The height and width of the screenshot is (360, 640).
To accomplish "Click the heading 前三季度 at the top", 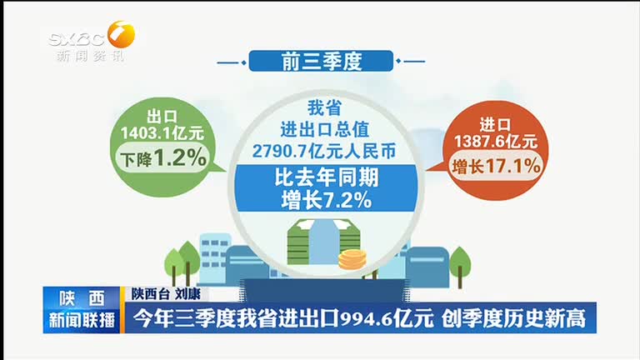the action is (x=321, y=62).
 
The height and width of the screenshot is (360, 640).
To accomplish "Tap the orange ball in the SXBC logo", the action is (x=121, y=34).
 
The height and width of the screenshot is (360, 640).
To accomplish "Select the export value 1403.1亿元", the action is (x=162, y=133).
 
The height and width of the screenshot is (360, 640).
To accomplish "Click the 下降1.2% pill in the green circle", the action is (x=162, y=157).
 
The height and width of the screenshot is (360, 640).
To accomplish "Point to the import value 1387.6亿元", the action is (x=496, y=142).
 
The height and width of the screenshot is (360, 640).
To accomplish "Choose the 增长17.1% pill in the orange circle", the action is (x=496, y=166).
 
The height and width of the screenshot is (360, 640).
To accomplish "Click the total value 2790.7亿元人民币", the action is (x=324, y=151).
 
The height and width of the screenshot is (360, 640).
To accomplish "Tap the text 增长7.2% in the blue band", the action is (x=327, y=200).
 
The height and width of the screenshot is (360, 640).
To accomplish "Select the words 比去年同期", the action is (x=327, y=178).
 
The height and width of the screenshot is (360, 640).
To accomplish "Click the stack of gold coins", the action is (x=352, y=260).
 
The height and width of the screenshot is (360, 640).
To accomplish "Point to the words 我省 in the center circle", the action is (x=324, y=108).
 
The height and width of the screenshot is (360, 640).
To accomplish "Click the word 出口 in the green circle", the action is (x=162, y=117).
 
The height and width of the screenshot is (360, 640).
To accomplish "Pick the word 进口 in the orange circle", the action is (x=495, y=124).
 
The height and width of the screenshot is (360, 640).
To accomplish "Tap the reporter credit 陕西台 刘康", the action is (x=166, y=293).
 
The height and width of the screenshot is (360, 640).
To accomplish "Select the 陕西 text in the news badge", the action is (x=82, y=299).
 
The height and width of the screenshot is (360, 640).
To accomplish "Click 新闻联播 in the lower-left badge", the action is (x=82, y=320).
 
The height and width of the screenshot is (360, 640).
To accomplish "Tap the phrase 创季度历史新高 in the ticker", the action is (x=513, y=319).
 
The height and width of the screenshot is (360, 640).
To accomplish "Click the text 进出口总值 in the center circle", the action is (x=324, y=129).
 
